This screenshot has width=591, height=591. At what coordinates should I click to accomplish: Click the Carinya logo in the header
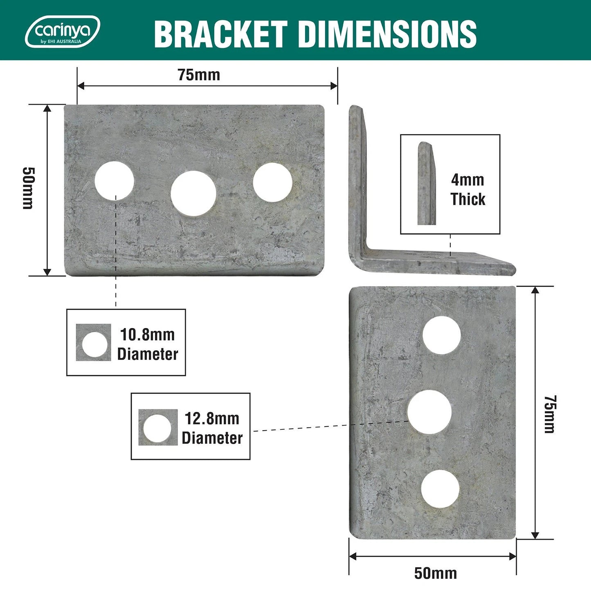pos(62,31)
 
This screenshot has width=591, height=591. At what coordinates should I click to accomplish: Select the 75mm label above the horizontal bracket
pos(199,75)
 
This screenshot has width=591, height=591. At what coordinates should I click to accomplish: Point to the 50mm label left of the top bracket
pos(28,188)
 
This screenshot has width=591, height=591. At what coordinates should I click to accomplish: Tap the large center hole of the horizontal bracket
pos(193,193)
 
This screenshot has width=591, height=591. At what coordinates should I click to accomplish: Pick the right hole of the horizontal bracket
pos(272,182)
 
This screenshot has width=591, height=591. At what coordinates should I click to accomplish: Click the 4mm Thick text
pos(467,189)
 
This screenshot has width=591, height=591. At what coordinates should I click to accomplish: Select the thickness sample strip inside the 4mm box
pos(426,183)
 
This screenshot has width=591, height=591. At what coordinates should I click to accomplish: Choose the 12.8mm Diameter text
pos(212,428)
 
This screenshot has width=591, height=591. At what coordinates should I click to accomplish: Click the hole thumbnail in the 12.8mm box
pos(158,427)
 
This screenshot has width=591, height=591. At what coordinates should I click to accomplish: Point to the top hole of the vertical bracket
pos(441,335)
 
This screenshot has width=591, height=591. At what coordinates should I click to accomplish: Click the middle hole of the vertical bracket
pos(429,412)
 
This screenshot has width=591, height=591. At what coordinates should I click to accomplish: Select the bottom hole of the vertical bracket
pos(440,489)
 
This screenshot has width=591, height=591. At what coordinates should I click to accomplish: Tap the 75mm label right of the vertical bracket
pos(549,414)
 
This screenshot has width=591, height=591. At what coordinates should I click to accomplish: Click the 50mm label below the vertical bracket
pos(435,573)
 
